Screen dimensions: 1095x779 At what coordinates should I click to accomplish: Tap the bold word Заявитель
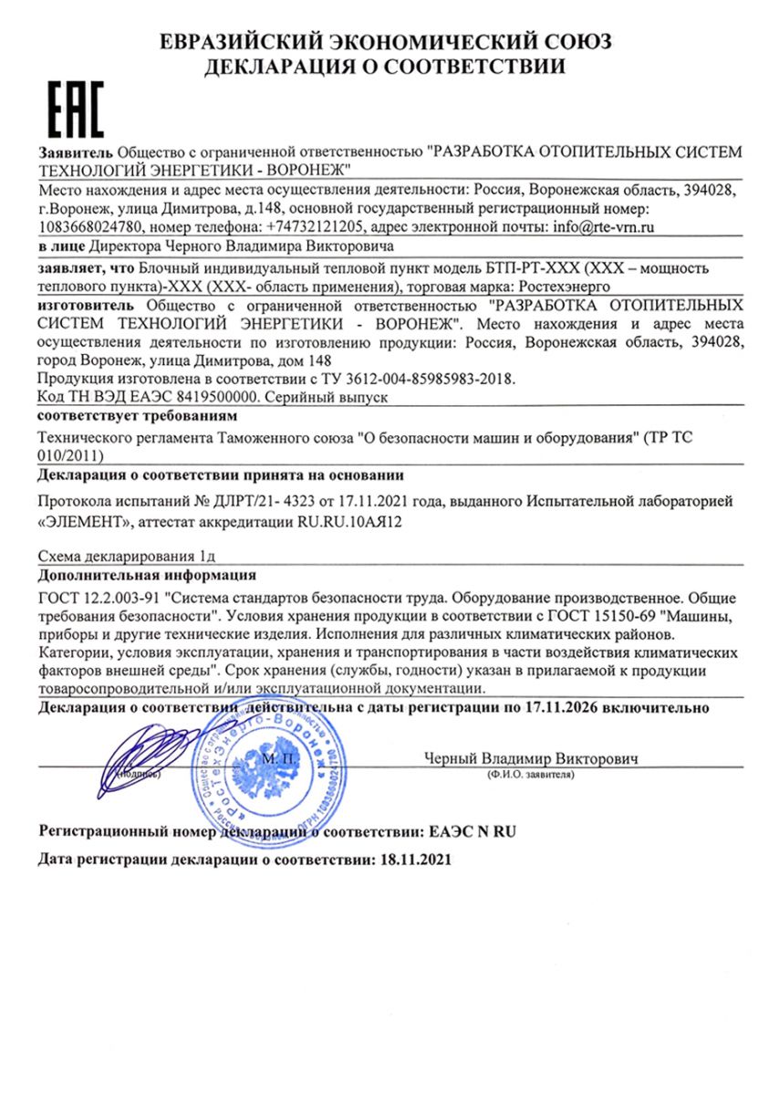coord(76,151)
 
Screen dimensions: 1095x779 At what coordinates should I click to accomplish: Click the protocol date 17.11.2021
coord(339,503)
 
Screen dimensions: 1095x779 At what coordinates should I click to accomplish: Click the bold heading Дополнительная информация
coord(147,576)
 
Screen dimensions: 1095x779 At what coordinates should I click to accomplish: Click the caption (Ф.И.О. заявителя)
coord(530,774)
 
